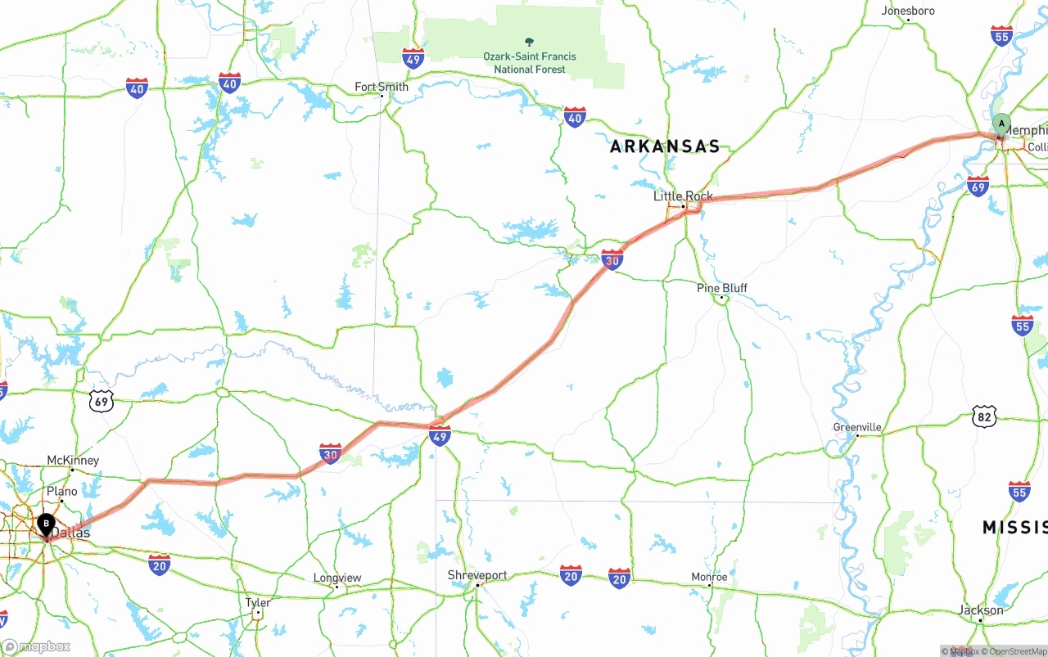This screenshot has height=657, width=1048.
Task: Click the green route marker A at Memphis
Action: tap(1001, 124)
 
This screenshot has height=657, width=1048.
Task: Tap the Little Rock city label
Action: tap(683, 196)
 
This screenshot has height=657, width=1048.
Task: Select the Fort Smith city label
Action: tap(381, 87)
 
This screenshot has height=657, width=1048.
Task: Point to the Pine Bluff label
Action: tap(721, 288)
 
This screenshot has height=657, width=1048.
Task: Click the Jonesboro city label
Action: tap(907, 11)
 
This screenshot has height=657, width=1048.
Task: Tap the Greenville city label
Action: tap(857, 427)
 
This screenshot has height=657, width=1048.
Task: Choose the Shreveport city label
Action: tap(477, 575)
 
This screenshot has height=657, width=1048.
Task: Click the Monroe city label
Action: tap(709, 577)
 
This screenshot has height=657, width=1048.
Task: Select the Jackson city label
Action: tap(980, 610)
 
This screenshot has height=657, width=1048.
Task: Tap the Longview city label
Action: tap(337, 578)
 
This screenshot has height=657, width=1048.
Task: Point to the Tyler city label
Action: tap(258, 602)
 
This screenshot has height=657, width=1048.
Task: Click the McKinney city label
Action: tap(73, 461)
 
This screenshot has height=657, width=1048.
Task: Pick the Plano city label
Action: tap(61, 491)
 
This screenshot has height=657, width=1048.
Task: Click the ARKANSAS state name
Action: tap(665, 146)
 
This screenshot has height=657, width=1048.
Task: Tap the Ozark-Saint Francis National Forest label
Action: tap(529, 62)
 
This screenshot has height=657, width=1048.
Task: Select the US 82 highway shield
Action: tap(985, 416)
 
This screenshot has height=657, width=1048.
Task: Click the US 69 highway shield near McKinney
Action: tap(102, 401)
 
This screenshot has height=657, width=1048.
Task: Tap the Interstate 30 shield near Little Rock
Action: tap(612, 260)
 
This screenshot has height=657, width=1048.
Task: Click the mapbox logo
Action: tap(37, 646)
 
